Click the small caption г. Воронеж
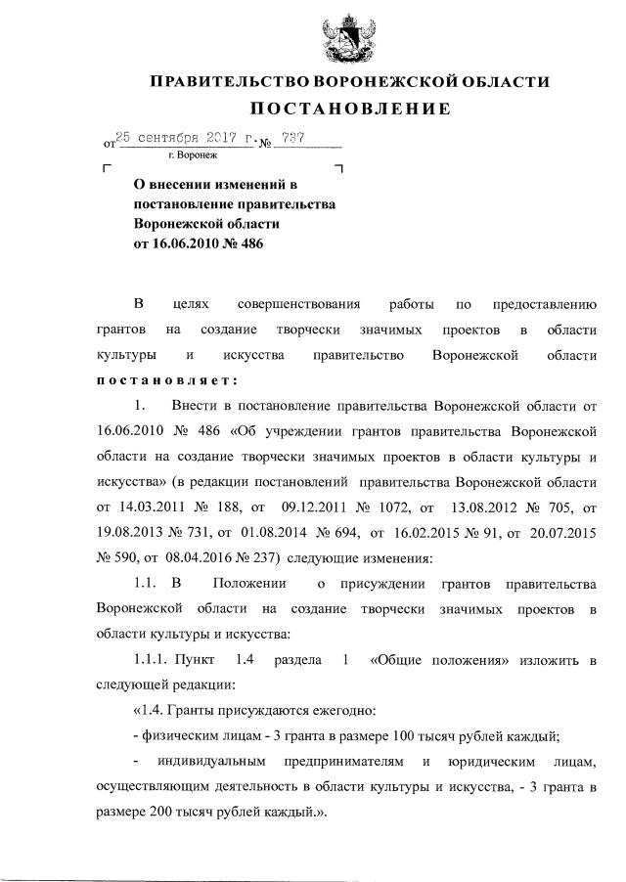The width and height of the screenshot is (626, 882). [x=193, y=154]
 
